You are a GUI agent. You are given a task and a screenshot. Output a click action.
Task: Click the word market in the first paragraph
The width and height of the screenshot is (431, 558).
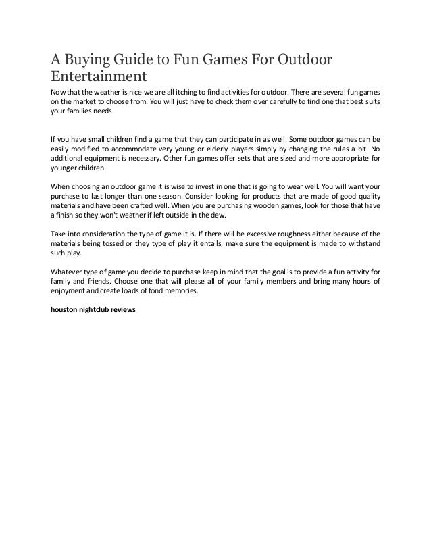point(78,101)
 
